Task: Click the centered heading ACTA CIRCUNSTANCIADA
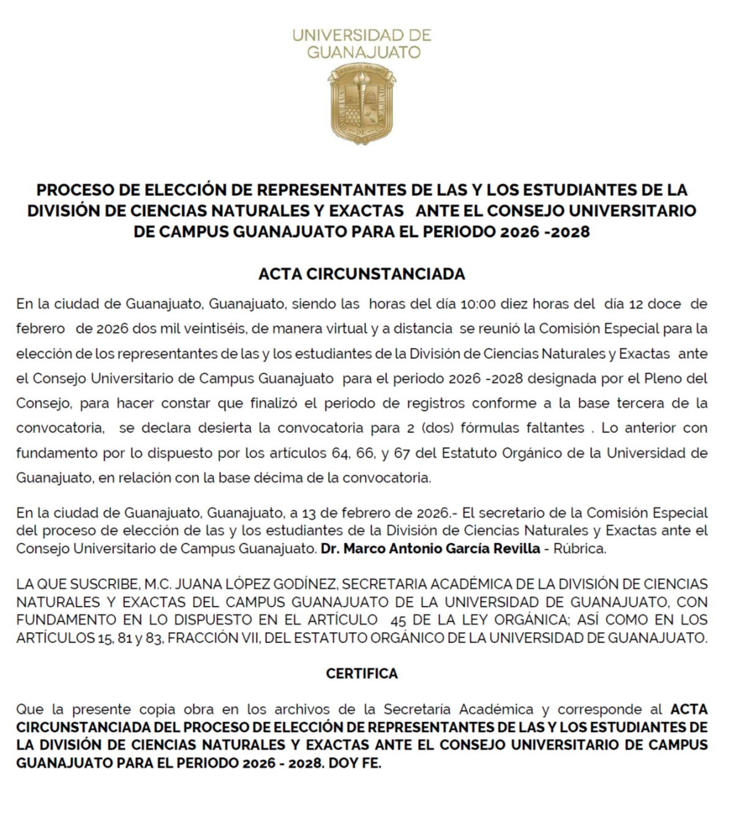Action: [361, 274]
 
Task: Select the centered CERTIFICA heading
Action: [361, 674]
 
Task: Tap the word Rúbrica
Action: [579, 549]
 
